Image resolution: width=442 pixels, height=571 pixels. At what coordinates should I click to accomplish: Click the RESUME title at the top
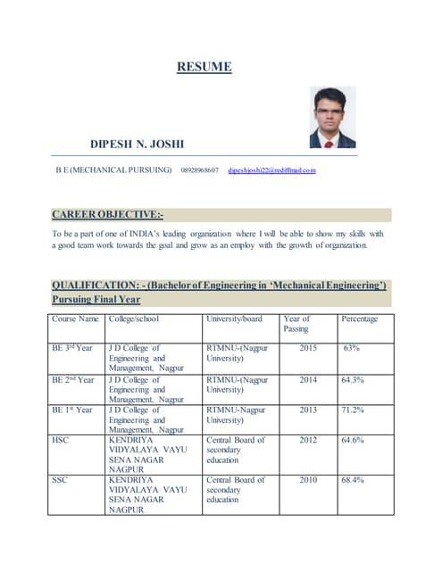(204, 67)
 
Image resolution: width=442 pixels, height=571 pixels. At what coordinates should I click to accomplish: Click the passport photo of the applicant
(332, 117)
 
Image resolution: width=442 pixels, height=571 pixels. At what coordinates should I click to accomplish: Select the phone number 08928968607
(199, 170)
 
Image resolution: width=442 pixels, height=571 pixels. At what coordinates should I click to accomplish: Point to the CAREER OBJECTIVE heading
(107, 214)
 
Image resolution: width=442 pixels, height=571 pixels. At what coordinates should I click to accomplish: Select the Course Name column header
(75, 319)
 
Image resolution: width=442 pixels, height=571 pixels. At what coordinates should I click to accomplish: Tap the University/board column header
(234, 319)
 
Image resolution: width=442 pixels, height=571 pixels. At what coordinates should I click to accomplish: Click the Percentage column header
(359, 319)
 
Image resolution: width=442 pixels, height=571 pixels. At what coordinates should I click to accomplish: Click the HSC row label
(61, 439)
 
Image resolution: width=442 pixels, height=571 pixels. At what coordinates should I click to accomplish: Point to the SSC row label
(61, 480)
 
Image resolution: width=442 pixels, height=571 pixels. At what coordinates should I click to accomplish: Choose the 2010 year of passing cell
(308, 480)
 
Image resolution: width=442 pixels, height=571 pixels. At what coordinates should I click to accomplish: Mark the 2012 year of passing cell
(308, 439)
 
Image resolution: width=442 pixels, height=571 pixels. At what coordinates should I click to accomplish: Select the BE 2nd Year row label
(72, 379)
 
